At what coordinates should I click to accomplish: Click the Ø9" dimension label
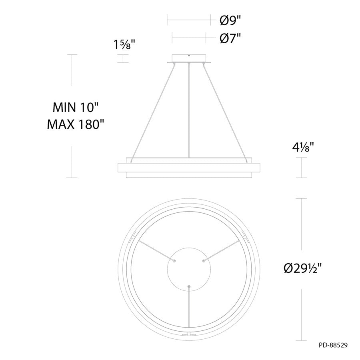pyautogui.click(x=230, y=21)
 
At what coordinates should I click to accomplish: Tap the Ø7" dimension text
pyautogui.click(x=230, y=38)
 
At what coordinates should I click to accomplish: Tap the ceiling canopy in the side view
pyautogui.click(x=189, y=58)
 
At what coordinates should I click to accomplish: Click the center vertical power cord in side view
pyautogui.click(x=189, y=110)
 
